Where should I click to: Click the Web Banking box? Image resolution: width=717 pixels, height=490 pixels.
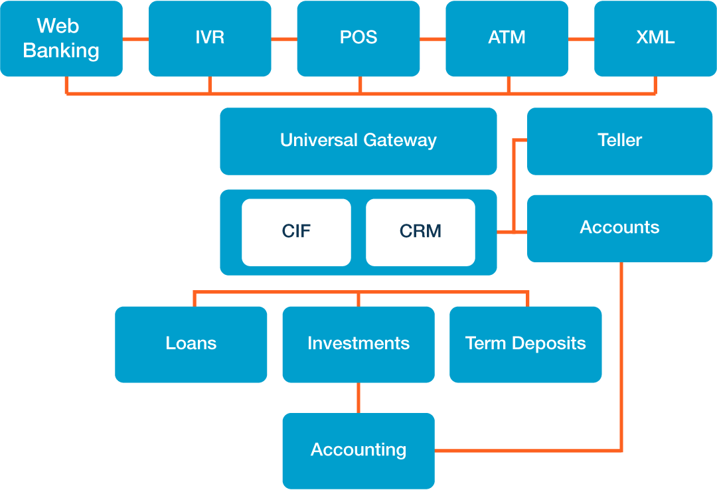pos(61,39)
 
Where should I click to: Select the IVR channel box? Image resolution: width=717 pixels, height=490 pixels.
pos(210,39)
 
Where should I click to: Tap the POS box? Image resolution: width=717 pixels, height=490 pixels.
pos(358,39)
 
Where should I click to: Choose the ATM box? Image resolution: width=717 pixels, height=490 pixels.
pos(507,39)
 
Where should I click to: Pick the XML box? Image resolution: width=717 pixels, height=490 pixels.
pos(655,39)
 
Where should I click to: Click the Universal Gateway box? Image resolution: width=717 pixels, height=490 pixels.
pos(358,141)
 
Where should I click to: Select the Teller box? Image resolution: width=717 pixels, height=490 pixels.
pos(619,141)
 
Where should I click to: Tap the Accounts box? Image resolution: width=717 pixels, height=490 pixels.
pos(619,228)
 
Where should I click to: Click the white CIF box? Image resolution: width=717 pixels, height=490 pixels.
pos(296,232)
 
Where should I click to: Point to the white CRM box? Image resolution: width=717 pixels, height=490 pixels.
pos(420,232)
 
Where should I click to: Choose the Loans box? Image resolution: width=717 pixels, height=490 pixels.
pos(191,344)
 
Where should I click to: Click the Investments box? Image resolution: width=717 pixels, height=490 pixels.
pos(358,344)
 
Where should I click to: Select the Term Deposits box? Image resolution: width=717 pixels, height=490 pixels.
pos(526,344)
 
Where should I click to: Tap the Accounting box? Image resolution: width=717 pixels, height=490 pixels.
pos(358,450)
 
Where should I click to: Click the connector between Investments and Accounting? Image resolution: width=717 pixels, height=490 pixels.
pos(358,398)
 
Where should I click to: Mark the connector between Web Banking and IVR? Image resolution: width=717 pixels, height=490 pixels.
pos(135,39)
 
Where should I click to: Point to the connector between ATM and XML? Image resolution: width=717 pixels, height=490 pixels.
pos(581,39)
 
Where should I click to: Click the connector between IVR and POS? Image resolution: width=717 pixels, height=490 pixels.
pos(284,39)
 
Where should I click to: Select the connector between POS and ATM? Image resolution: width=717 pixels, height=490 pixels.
pos(432,39)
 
